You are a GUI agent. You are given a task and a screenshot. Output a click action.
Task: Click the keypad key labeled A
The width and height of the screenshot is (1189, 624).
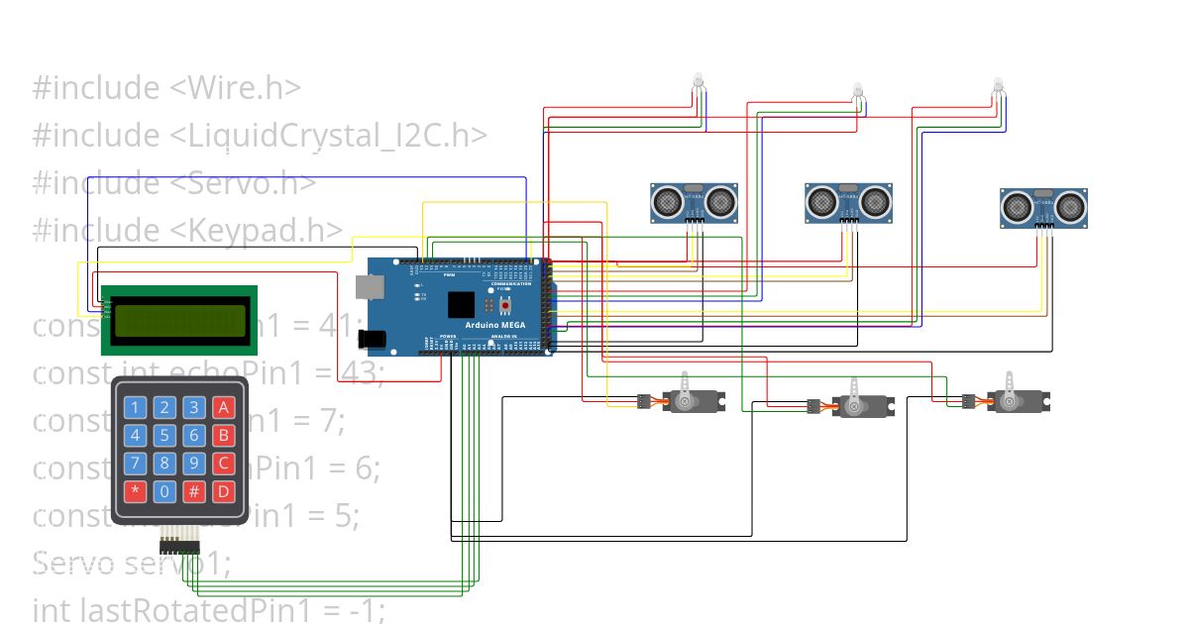[224, 406]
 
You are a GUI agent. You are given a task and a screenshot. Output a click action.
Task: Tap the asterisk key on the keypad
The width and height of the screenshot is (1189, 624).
[137, 490]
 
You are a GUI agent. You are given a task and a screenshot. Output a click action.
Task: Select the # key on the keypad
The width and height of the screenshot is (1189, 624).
[195, 490]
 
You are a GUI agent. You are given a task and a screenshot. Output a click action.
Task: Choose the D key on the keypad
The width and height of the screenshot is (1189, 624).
[224, 490]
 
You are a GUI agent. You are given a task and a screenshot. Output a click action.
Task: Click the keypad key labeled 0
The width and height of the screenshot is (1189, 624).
[165, 490]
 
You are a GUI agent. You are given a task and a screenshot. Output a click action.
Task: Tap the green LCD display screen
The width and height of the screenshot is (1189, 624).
[179, 319]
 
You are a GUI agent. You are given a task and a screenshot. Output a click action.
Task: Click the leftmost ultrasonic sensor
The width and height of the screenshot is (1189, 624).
[694, 203]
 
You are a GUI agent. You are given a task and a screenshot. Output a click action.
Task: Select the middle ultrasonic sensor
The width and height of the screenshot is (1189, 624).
[848, 203]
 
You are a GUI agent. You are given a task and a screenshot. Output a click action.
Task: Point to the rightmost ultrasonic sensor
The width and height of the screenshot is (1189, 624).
[1043, 207]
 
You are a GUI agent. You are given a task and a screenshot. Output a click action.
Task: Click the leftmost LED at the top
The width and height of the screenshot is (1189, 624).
[698, 80]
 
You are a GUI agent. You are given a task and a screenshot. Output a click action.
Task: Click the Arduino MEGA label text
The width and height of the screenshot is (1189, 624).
[496, 325]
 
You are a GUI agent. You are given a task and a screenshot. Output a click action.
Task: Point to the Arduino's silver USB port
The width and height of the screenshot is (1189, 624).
[369, 286]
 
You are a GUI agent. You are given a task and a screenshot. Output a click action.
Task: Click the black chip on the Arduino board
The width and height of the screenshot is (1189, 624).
[462, 304]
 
